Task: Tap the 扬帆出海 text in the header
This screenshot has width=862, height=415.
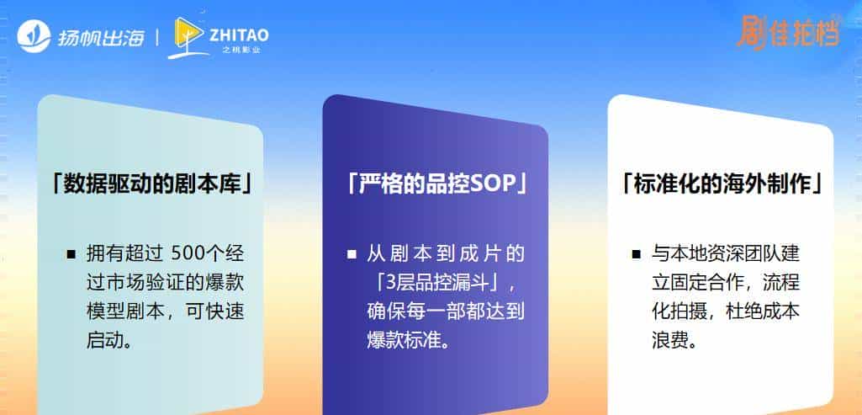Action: click(x=101, y=37)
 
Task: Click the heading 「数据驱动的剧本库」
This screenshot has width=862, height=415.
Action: click(x=151, y=183)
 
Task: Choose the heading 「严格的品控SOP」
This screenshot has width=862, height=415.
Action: click(x=436, y=183)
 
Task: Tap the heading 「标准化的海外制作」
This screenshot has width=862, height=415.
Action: click(x=721, y=183)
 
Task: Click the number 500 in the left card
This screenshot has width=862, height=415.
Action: click(x=188, y=253)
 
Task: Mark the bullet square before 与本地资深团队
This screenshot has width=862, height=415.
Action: click(x=637, y=253)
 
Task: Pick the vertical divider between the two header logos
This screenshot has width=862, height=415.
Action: click(x=158, y=38)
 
